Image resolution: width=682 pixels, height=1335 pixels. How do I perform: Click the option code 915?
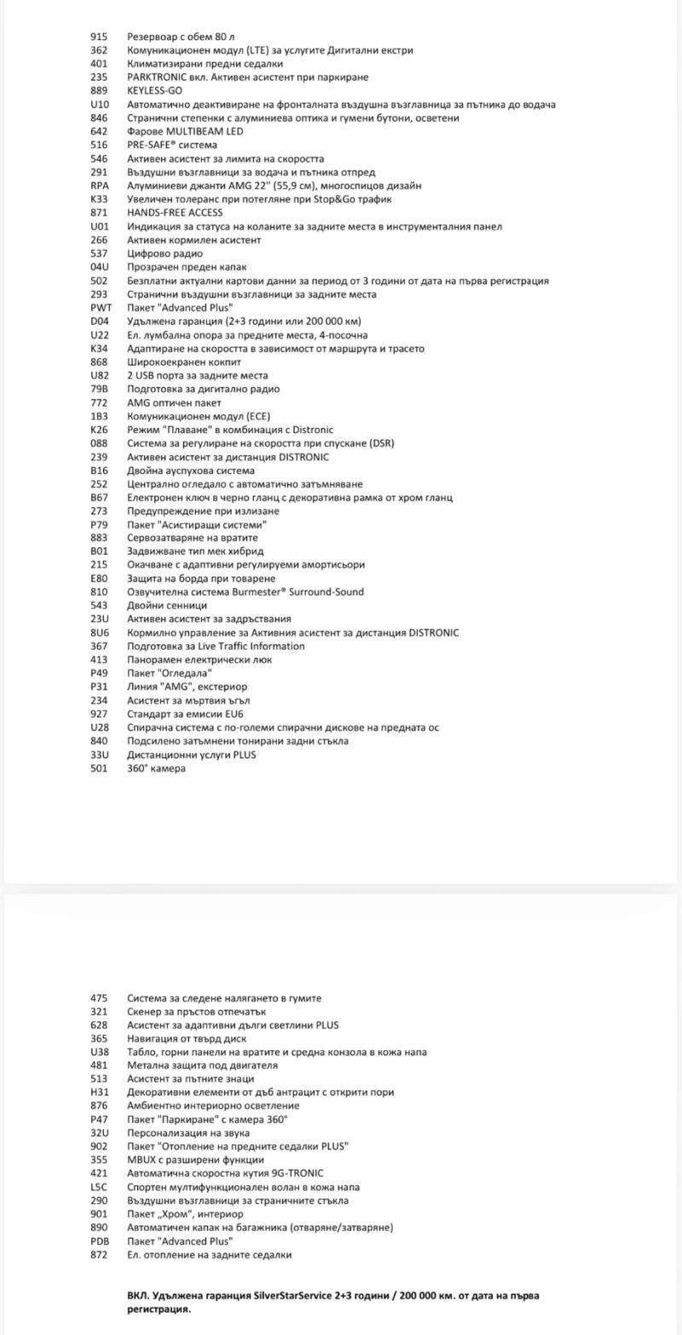pyautogui.click(x=99, y=37)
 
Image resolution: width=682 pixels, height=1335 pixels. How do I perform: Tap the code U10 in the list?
pyautogui.click(x=99, y=105)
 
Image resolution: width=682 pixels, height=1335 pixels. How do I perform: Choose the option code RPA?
pyautogui.click(x=100, y=186)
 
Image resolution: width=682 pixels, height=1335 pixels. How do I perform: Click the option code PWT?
pyautogui.click(x=101, y=308)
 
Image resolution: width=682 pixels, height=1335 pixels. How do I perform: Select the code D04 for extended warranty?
pyautogui.click(x=100, y=321)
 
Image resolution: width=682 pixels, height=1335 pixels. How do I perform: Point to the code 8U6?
pyautogui.click(x=100, y=633)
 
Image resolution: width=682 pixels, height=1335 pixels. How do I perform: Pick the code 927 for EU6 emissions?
pyautogui.click(x=99, y=714)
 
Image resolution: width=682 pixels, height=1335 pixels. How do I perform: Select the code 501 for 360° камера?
pyautogui.click(x=99, y=768)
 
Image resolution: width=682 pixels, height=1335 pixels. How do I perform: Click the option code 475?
pyautogui.click(x=99, y=997)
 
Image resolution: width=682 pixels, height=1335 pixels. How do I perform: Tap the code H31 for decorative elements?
pyautogui.click(x=100, y=1091)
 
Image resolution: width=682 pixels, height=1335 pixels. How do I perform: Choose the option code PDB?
pyautogui.click(x=100, y=1241)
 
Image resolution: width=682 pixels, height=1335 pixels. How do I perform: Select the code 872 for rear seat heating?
pyautogui.click(x=99, y=1255)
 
